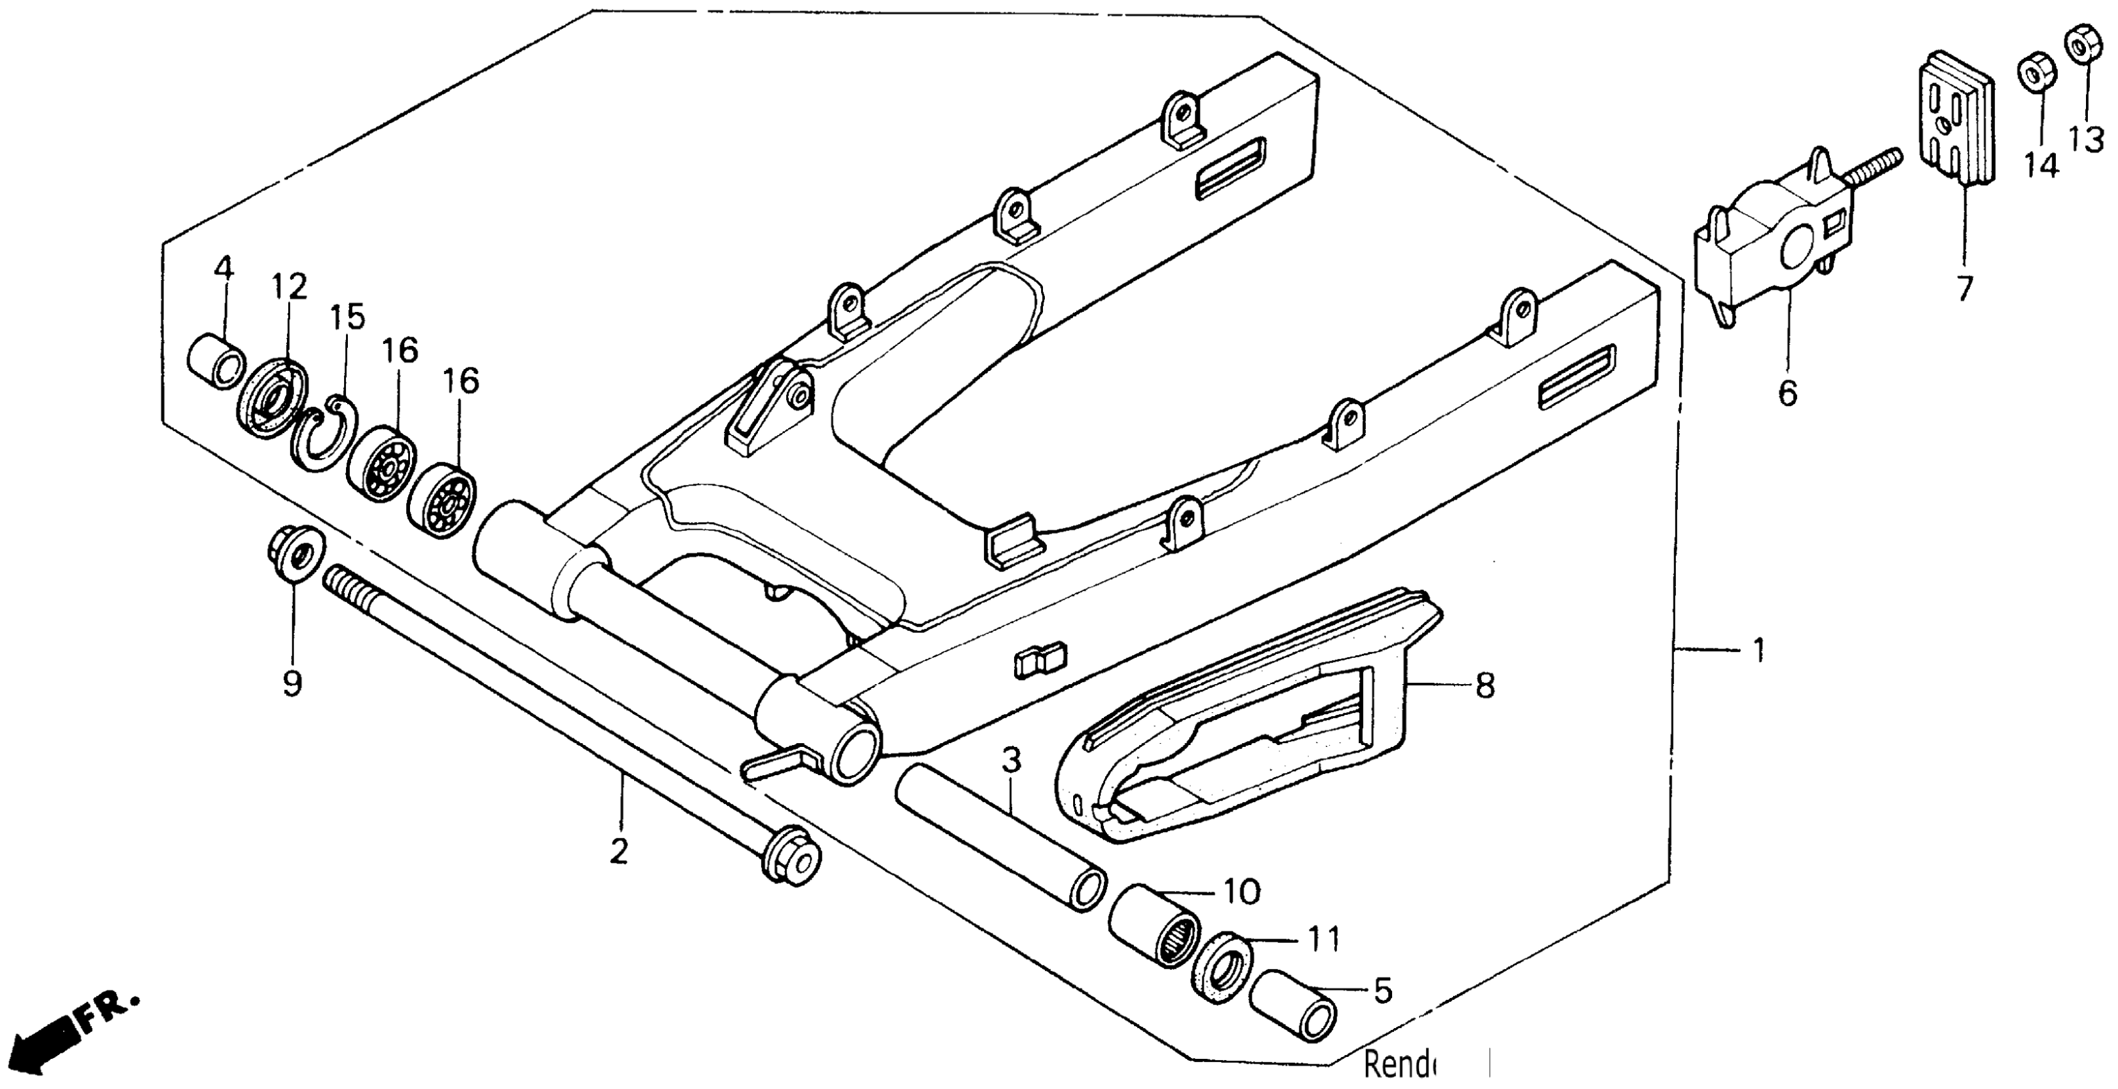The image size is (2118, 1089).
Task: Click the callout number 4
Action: pos(224,268)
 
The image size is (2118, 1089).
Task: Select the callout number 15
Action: pos(348,317)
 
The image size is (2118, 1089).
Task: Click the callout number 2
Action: pos(619,851)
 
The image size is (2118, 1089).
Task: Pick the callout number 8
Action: pos(1485,685)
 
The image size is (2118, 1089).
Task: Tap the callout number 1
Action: pos(1759,651)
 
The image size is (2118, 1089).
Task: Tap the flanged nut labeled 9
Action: pos(296,552)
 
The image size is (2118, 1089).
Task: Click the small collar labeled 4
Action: pos(217,362)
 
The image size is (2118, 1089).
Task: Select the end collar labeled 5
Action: pos(1292,1014)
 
